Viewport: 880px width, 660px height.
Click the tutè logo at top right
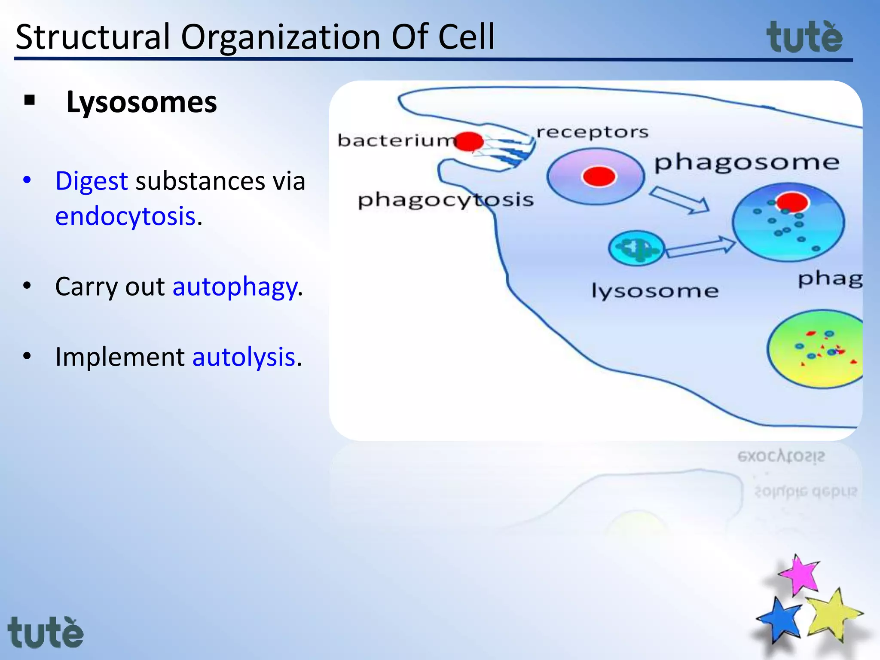(804, 38)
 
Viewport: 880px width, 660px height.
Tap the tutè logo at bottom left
(46, 632)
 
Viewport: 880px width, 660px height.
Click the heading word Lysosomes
(141, 102)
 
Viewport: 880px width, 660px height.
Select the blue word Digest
(92, 181)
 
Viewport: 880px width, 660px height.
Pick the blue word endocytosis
(125, 216)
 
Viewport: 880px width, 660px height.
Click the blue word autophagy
(235, 287)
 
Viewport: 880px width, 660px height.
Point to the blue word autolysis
(244, 357)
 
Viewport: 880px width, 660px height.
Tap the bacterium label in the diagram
(395, 141)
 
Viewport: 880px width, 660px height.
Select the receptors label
(593, 132)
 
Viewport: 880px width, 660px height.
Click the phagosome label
(747, 163)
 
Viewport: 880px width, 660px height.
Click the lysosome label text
(655, 291)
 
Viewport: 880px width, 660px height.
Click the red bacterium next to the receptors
(469, 141)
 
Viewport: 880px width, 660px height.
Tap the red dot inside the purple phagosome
(599, 176)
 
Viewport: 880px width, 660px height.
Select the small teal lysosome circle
(636, 248)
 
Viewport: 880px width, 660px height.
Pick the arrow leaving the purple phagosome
(679, 200)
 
